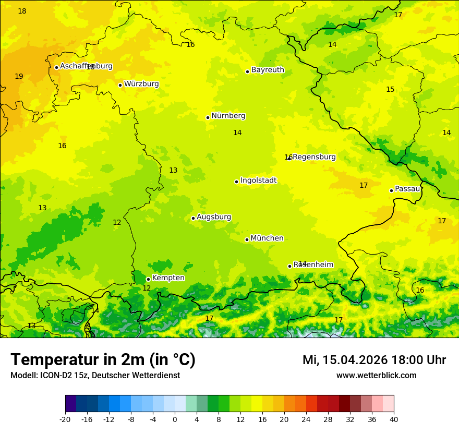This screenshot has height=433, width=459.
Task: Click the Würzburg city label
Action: click(x=141, y=84)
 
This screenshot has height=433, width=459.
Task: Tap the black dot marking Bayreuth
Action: click(x=247, y=71)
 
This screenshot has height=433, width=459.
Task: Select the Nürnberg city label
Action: click(x=228, y=116)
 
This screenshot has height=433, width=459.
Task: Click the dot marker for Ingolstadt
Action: click(x=236, y=182)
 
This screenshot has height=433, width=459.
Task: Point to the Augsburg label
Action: click(x=214, y=217)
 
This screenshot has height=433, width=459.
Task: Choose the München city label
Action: click(x=267, y=238)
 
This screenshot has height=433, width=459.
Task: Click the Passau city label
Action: click(x=407, y=189)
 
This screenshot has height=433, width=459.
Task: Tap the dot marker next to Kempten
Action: click(x=148, y=279)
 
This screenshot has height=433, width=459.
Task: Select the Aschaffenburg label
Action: click(x=86, y=66)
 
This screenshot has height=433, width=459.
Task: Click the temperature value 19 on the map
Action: click(x=19, y=77)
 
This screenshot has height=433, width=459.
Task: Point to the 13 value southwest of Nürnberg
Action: click(x=173, y=171)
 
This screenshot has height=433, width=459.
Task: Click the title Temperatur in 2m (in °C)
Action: click(x=103, y=360)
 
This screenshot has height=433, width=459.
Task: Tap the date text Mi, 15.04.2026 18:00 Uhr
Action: click(x=374, y=360)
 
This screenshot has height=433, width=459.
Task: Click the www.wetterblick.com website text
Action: click(x=376, y=376)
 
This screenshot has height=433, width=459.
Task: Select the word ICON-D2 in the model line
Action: click(x=56, y=376)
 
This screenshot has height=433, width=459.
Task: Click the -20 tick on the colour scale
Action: click(x=65, y=419)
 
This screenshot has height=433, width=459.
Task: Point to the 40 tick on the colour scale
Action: click(x=394, y=419)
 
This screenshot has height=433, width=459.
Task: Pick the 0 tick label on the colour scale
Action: click(x=175, y=419)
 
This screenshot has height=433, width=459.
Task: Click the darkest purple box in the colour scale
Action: click(x=71, y=404)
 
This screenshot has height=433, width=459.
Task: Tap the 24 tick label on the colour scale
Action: click(x=306, y=419)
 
